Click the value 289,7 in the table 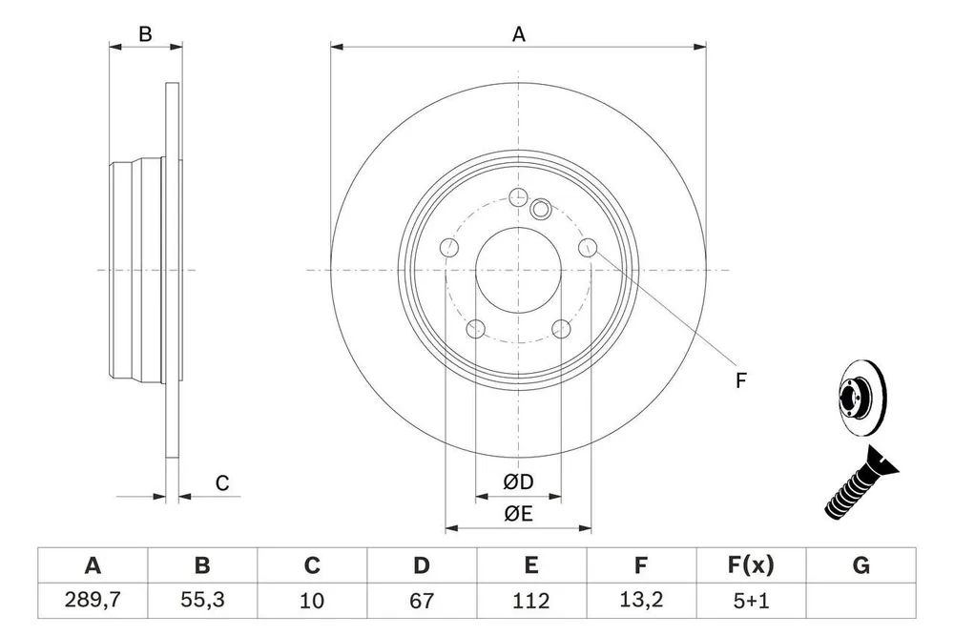click(x=93, y=601)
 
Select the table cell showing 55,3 click(x=202, y=601)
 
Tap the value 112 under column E click(x=531, y=601)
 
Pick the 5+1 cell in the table click(x=751, y=601)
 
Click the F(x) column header click(x=751, y=565)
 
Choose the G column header click(x=861, y=565)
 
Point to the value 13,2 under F click(x=641, y=601)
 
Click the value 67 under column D click(x=422, y=601)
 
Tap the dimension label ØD click(x=518, y=481)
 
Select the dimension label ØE click(x=518, y=514)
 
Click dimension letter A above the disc click(x=518, y=34)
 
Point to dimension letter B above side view click(x=145, y=34)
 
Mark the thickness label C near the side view click(x=222, y=483)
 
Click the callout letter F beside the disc click(x=740, y=380)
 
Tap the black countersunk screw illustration click(x=861, y=483)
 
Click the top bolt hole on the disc click(x=518, y=197)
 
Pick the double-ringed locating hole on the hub click(x=540, y=209)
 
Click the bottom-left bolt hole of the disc click(x=475, y=329)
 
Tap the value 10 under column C click(x=312, y=601)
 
